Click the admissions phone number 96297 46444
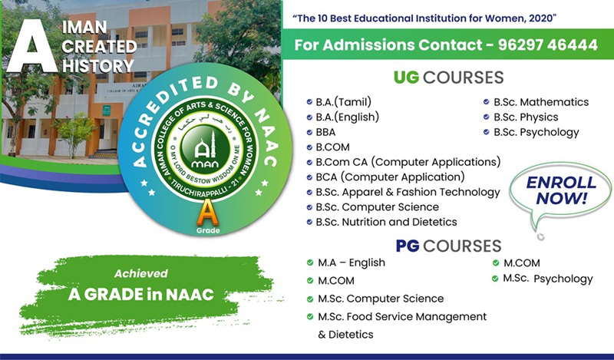pyautogui.click(x=548, y=45)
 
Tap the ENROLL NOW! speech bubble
pyautogui.click(x=560, y=192)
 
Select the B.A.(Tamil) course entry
pyautogui.click(x=343, y=102)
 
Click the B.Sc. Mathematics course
pyautogui.click(x=541, y=102)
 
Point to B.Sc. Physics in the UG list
pyautogui.click(x=526, y=117)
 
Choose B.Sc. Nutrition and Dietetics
pyautogui.click(x=386, y=222)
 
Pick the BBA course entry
pyautogui.click(x=325, y=132)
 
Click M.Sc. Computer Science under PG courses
pyautogui.click(x=381, y=299)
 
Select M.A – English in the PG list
pyautogui.click(x=352, y=263)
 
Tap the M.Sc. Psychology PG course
pyautogui.click(x=548, y=279)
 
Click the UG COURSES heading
pyautogui.click(x=449, y=78)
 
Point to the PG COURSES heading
pyautogui.click(x=448, y=246)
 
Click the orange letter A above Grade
pyautogui.click(x=207, y=213)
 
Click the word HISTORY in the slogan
pyautogui.click(x=98, y=65)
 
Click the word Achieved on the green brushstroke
pyautogui.click(x=141, y=273)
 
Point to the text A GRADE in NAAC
pyautogui.click(x=141, y=295)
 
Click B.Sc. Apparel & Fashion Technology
pyautogui.click(x=408, y=193)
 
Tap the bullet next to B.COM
pyautogui.click(x=309, y=147)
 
